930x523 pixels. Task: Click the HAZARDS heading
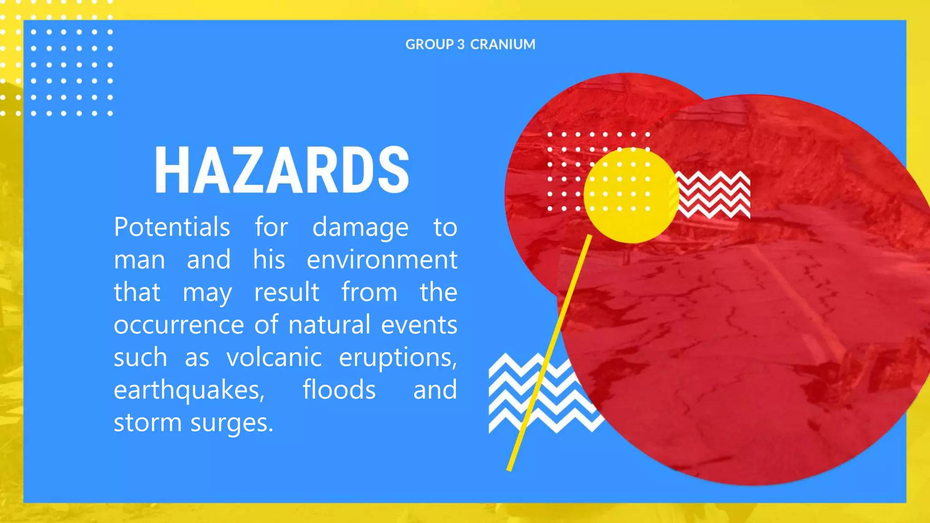pos(282,170)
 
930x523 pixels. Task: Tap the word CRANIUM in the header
pos(502,44)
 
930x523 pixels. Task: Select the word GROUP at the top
pos(429,44)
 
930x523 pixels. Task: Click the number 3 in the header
pos(461,44)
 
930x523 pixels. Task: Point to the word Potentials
pos(172,227)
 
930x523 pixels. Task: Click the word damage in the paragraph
pos(360,228)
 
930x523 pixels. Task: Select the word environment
pos(382,260)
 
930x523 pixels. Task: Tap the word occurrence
pos(179,325)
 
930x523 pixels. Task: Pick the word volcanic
pos(274,357)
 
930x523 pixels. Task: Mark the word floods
pos(339,390)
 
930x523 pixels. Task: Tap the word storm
pos(148,423)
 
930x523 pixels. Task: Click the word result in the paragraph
pos(287,292)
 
